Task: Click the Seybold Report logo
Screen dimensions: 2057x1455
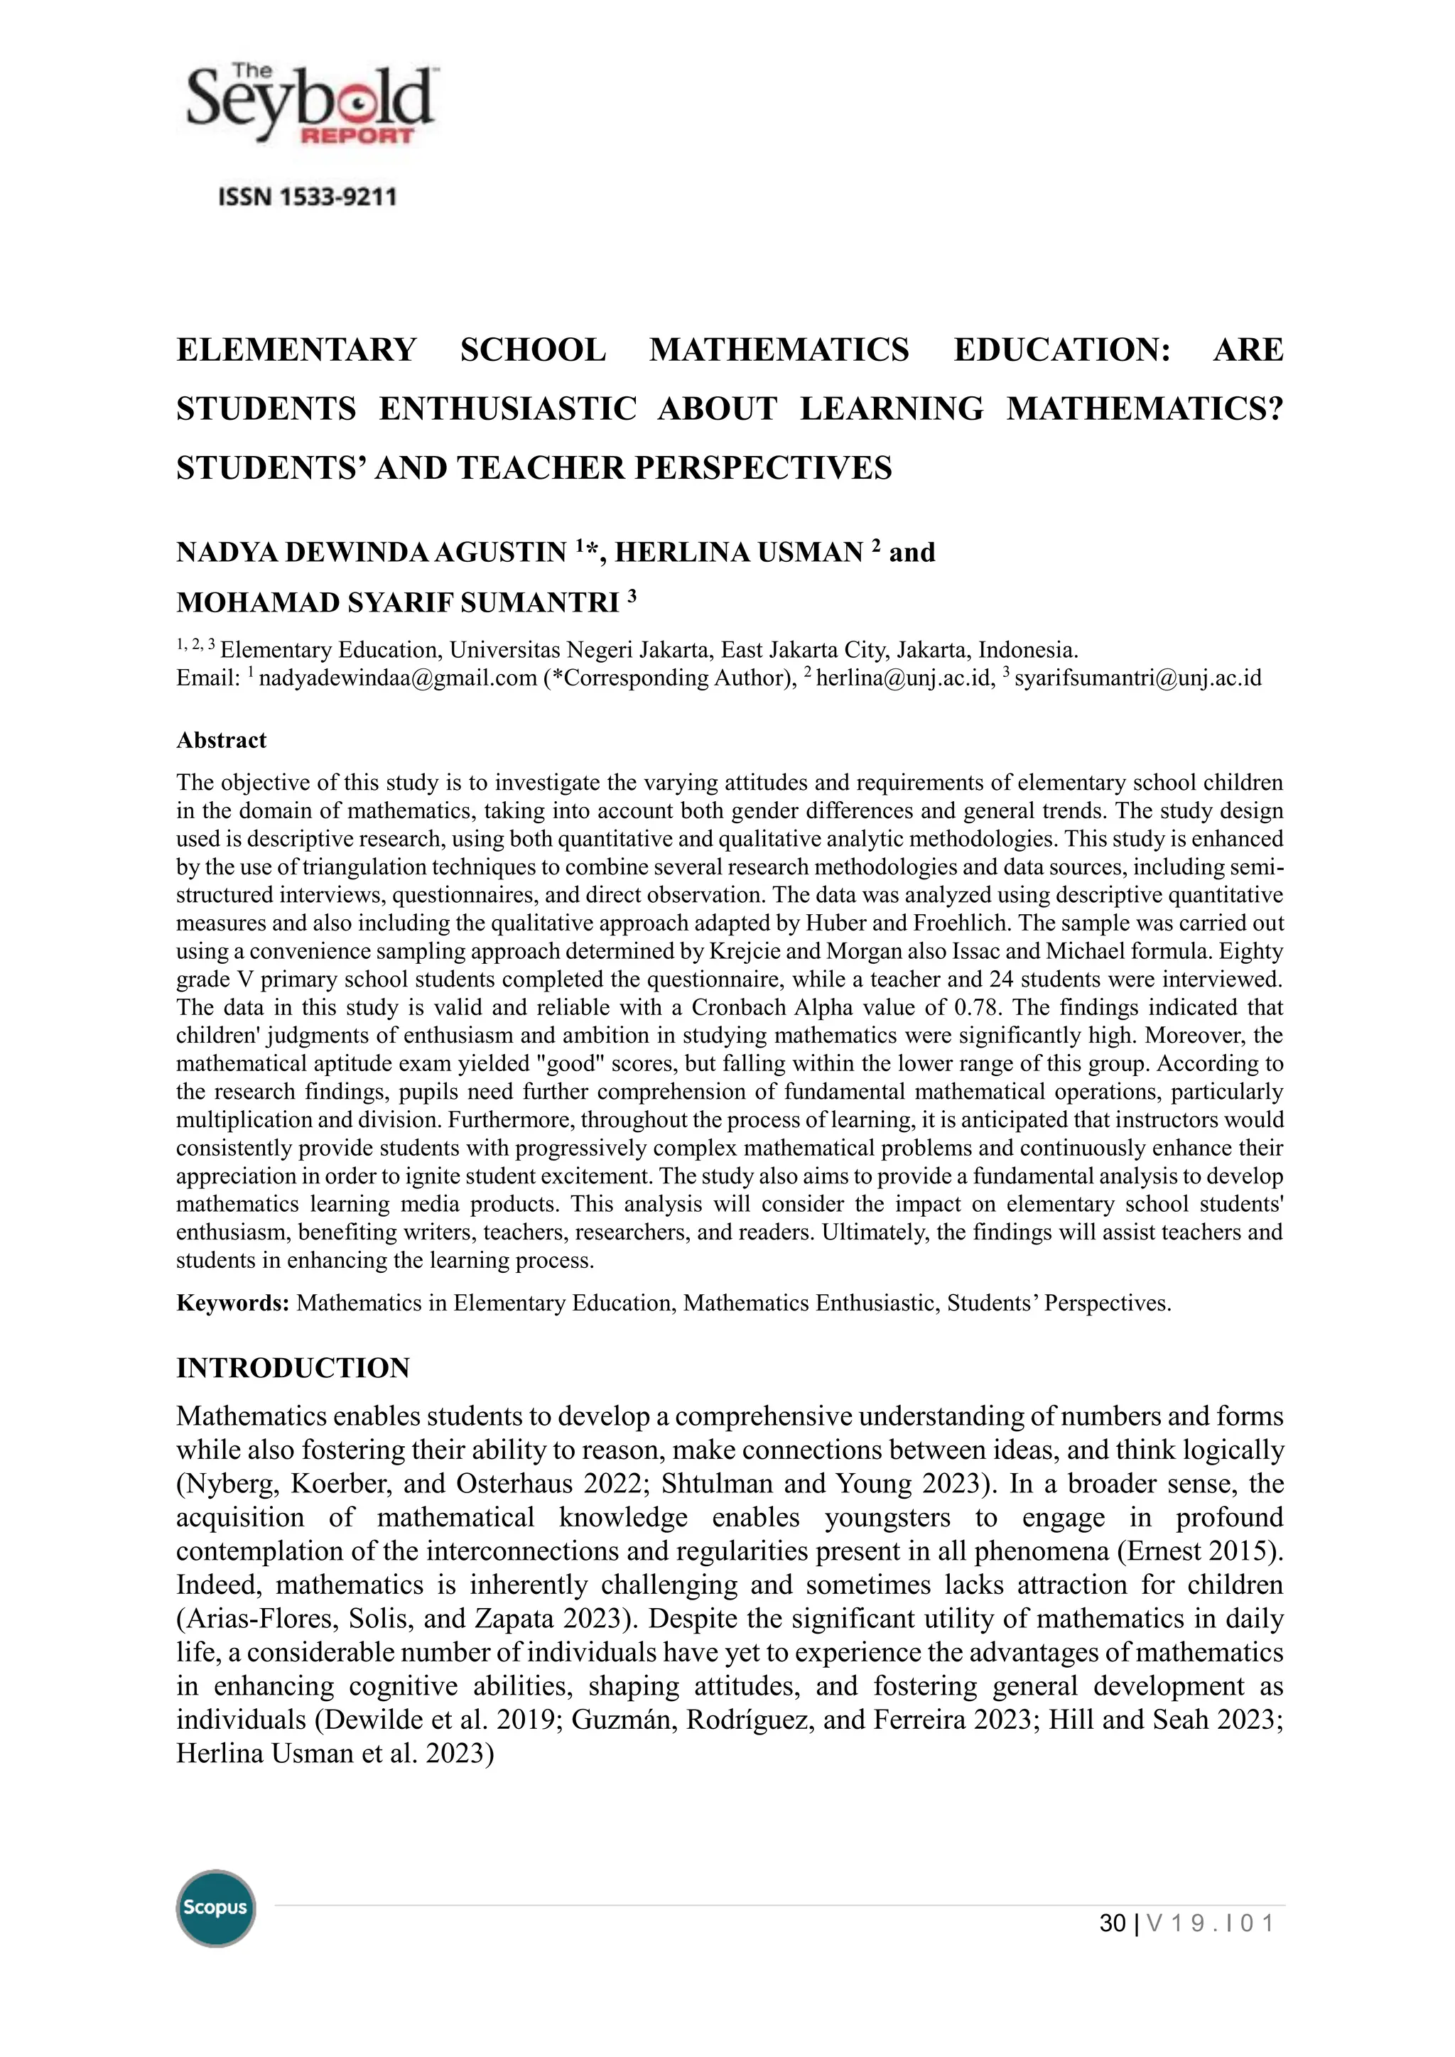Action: pyautogui.click(x=309, y=105)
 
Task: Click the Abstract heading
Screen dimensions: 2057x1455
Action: pyautogui.click(x=221, y=740)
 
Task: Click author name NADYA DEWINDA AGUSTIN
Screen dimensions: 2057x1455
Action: pyautogui.click(x=371, y=552)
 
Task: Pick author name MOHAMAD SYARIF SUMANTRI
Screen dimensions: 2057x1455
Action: pyautogui.click(x=397, y=603)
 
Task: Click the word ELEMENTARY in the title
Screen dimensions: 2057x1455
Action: pyautogui.click(x=296, y=349)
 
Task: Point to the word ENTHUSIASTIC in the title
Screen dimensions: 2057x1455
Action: pyautogui.click(x=507, y=408)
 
